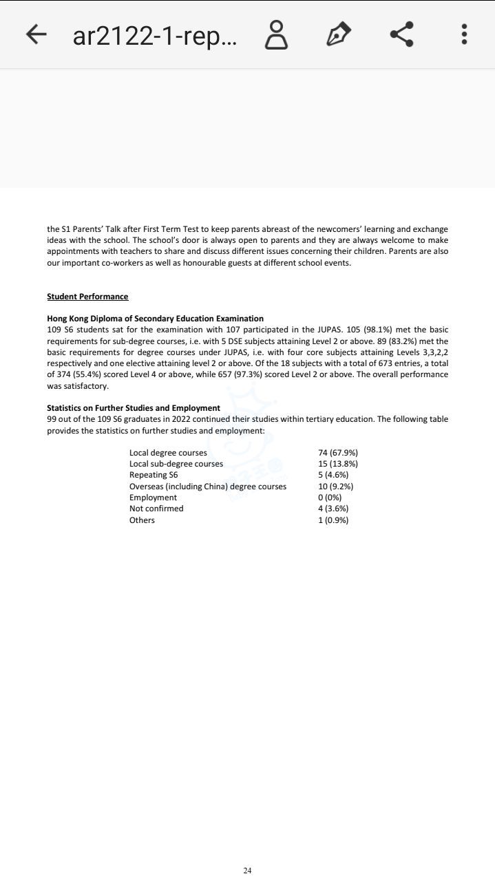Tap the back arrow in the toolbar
36,34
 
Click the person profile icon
276,34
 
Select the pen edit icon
338,34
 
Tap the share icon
401,34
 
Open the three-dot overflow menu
465,34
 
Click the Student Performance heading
87,297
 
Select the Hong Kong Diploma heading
155,319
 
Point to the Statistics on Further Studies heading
134,408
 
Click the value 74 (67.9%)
338,453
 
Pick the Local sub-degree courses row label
176,464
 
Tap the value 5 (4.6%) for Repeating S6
333,475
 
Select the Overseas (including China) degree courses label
208,487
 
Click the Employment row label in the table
153,498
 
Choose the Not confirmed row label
156,509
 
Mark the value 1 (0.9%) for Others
333,520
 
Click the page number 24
247,871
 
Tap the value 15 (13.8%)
338,464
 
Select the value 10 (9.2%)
336,487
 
